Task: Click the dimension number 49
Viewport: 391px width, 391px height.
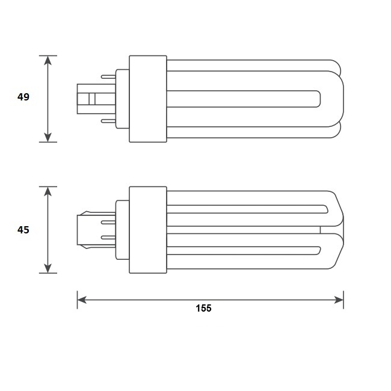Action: (23, 97)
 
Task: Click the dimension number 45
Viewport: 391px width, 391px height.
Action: (23, 230)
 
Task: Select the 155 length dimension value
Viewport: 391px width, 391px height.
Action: (203, 308)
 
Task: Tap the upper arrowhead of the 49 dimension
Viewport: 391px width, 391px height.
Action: (48, 61)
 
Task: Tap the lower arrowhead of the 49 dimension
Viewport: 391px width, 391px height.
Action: (48, 137)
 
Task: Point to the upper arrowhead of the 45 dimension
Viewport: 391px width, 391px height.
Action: (48, 191)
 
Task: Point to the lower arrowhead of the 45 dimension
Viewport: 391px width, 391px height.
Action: (48, 268)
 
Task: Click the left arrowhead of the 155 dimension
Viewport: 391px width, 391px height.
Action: (82, 300)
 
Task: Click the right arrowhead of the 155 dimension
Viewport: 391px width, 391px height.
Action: (339, 300)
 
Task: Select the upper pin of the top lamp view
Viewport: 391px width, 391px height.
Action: (108, 76)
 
